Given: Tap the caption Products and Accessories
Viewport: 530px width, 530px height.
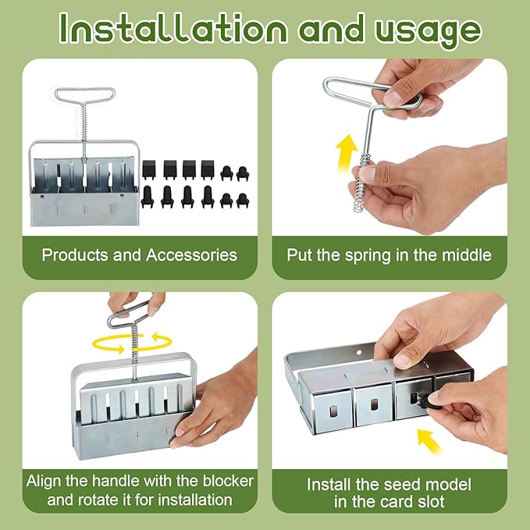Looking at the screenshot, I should (x=139, y=254).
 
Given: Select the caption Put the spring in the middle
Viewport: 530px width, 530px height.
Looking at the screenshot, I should (x=389, y=254).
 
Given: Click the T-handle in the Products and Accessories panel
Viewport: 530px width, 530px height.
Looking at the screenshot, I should (x=84, y=101).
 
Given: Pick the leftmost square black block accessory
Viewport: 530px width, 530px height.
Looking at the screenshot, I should (x=150, y=169).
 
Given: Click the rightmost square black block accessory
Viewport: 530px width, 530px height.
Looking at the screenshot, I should (x=207, y=169).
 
